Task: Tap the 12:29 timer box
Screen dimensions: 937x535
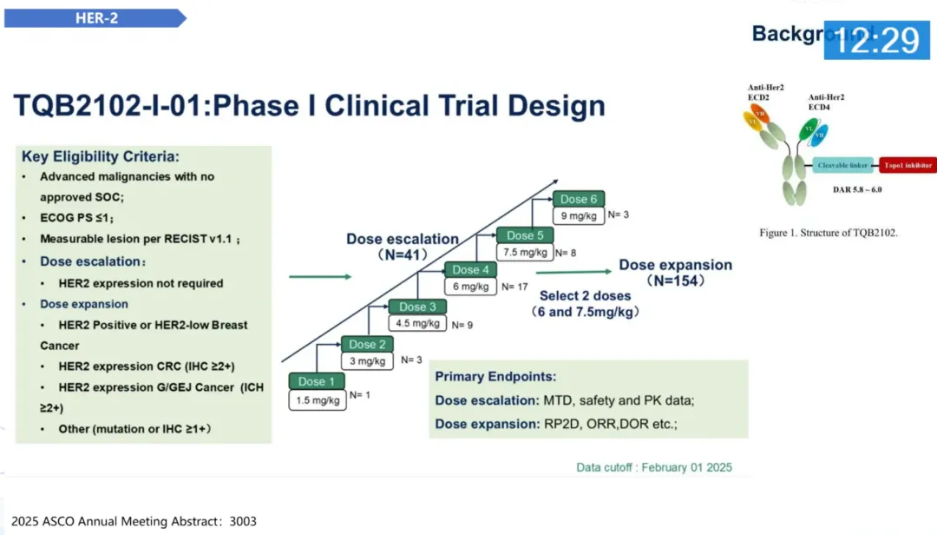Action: point(875,40)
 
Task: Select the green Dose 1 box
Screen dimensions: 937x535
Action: point(317,381)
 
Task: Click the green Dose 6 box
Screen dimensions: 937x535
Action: point(579,199)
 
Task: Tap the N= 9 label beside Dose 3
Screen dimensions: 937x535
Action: point(464,325)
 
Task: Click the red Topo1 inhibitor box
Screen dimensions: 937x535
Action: point(908,165)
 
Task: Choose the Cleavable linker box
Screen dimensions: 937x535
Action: point(842,165)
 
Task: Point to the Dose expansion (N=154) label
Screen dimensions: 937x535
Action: point(675,273)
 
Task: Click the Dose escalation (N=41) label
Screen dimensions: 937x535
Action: point(403,247)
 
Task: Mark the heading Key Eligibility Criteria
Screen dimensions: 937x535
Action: point(101,157)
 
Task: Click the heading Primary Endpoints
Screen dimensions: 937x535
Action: point(495,377)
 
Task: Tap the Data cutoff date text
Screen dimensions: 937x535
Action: point(654,467)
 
